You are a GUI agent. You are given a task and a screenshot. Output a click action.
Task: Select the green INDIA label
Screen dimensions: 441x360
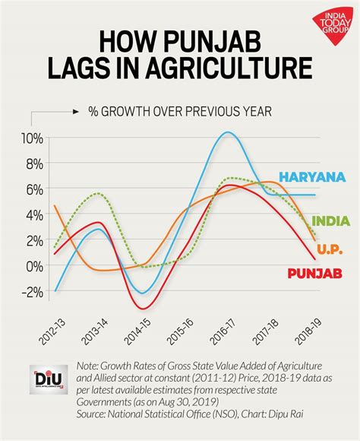click(x=332, y=220)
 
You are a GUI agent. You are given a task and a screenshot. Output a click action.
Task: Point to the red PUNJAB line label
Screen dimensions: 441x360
click(x=314, y=273)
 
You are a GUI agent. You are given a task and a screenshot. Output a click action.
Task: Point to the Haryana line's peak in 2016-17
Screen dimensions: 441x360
click(x=228, y=133)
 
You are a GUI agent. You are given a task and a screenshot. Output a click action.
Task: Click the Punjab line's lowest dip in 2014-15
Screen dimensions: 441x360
click(x=141, y=308)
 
